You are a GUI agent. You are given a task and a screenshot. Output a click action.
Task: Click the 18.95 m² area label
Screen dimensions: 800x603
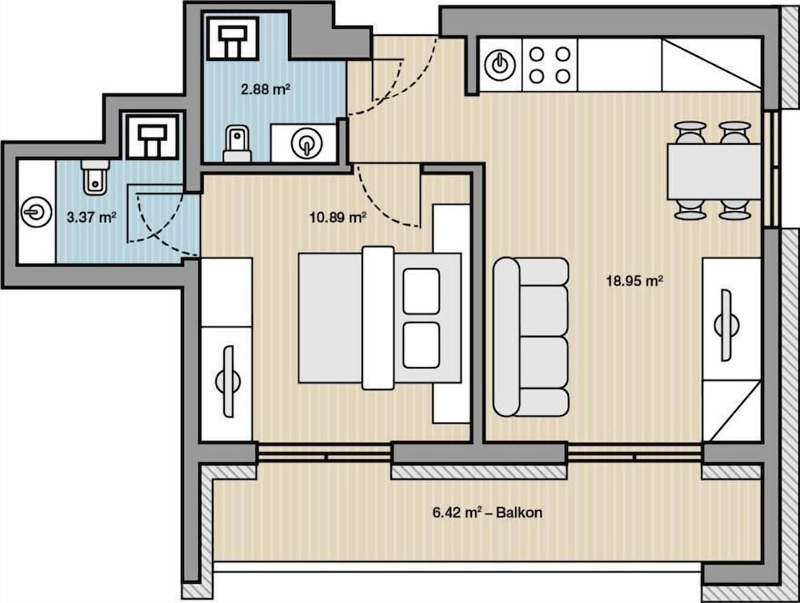coord(634,281)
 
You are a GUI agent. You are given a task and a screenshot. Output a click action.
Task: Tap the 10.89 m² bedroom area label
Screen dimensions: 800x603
coord(338,218)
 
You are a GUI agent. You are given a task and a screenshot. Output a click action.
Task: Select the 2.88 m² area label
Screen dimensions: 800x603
coord(266,90)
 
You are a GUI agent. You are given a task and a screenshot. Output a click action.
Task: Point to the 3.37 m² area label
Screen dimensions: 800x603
coord(92,218)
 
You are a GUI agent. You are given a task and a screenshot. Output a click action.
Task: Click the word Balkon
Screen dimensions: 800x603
coord(519,512)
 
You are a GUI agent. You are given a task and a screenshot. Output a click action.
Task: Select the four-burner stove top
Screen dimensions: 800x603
coord(550,66)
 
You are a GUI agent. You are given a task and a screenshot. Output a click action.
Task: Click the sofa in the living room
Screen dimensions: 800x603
coord(530,337)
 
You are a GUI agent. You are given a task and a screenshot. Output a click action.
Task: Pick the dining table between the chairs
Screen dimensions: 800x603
coord(714,172)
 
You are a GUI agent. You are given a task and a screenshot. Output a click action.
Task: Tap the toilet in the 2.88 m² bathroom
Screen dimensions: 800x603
coord(238,144)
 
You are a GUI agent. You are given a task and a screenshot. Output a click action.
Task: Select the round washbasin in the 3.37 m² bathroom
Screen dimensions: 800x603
coord(37,212)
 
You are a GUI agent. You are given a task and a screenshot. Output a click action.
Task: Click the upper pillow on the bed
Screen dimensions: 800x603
coord(421,291)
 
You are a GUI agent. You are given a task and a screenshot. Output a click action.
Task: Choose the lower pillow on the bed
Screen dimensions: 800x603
coord(421,345)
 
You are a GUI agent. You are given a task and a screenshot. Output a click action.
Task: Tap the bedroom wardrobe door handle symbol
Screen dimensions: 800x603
coord(227,381)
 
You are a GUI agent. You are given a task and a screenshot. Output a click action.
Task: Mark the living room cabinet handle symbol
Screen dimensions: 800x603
coord(726,325)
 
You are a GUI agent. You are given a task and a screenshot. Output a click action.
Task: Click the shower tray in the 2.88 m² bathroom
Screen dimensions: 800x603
coord(233,37)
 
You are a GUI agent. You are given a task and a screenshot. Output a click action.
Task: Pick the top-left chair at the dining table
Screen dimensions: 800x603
coord(690,133)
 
